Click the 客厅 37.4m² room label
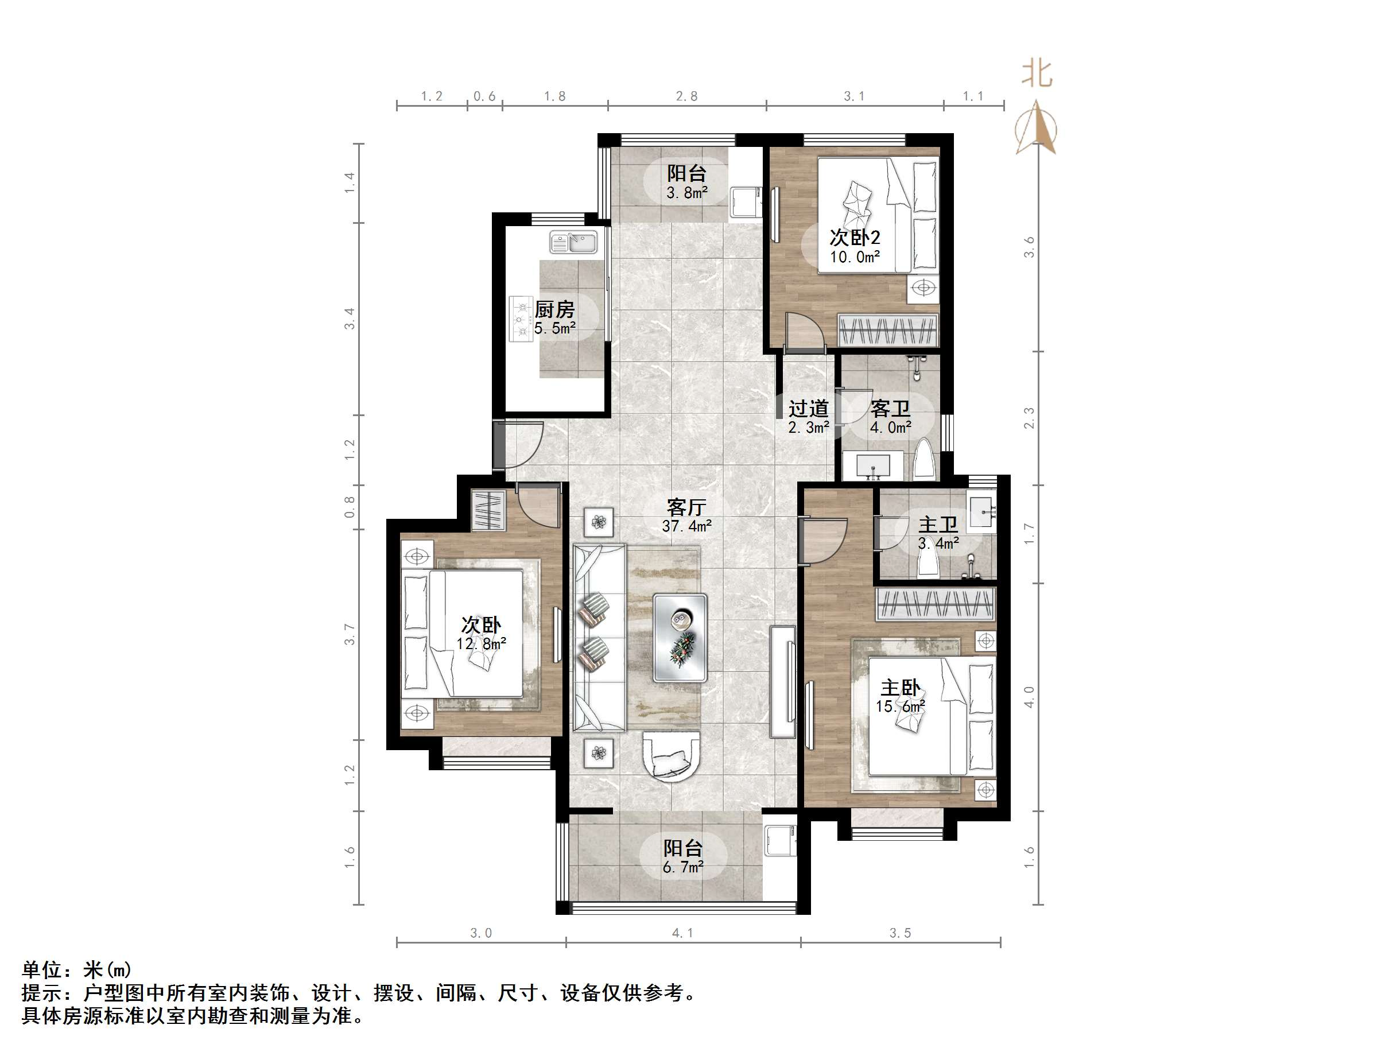686,515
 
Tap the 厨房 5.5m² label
554,318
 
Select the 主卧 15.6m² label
901,696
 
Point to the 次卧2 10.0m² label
855,246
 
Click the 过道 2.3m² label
808,417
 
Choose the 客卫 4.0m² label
891,417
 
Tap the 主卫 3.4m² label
938,533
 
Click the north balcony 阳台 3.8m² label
686,182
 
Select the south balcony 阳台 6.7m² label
682,856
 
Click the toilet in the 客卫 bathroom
924,459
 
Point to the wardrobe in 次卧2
887,331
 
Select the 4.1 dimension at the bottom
682,933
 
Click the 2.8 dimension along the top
686,96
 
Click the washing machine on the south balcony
779,840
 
